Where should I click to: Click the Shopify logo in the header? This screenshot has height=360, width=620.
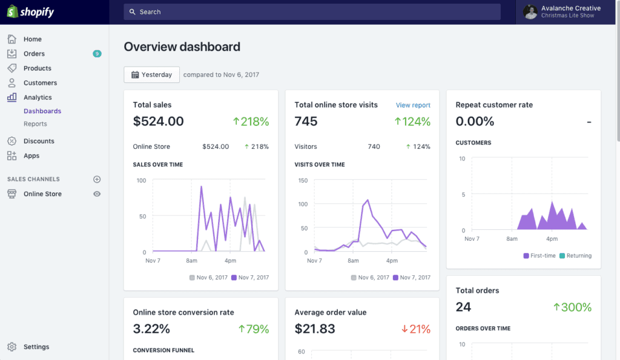pos(30,11)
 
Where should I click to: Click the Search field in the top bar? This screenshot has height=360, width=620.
pos(312,11)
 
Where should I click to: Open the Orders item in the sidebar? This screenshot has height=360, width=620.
pos(34,54)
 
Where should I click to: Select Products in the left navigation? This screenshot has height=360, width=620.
pos(37,68)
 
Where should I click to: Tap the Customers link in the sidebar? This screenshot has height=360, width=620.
pos(40,83)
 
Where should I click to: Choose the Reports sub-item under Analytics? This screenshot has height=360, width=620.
pos(35,124)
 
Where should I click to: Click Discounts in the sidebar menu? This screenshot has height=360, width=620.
pos(39,141)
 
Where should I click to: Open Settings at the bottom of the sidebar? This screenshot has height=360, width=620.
pos(36,347)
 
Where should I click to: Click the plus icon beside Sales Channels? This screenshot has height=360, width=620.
pos(97,179)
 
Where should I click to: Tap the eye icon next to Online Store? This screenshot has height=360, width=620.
pos(97,194)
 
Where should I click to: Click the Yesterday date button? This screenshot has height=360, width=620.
pos(151,74)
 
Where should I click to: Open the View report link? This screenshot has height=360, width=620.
pos(413,105)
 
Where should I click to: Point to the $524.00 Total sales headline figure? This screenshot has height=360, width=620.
pos(158,121)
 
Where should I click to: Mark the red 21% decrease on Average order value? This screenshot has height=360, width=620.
pos(415,329)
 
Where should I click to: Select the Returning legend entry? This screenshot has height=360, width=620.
pos(575,256)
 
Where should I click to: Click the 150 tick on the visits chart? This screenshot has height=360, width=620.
pos(303,180)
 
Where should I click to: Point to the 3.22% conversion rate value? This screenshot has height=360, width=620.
pos(151,329)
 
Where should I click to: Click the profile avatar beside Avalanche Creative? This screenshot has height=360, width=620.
pos(530,11)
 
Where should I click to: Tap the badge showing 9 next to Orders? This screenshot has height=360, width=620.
pos(97,54)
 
